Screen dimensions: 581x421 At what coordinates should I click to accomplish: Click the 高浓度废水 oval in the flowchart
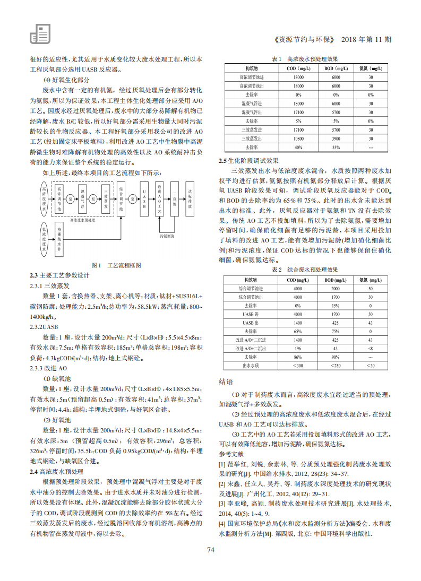click(43, 200)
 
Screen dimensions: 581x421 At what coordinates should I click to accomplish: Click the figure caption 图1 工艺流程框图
click(116, 265)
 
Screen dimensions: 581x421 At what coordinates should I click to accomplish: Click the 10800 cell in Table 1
click(298, 138)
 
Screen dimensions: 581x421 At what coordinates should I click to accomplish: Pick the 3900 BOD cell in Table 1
click(336, 138)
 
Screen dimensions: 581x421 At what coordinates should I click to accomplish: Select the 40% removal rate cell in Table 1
click(298, 146)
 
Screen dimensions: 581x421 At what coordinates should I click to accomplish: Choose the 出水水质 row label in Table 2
click(251, 365)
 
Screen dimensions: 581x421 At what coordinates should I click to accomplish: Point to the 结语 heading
click(226, 382)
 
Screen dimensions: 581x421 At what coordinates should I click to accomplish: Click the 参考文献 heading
click(231, 454)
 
